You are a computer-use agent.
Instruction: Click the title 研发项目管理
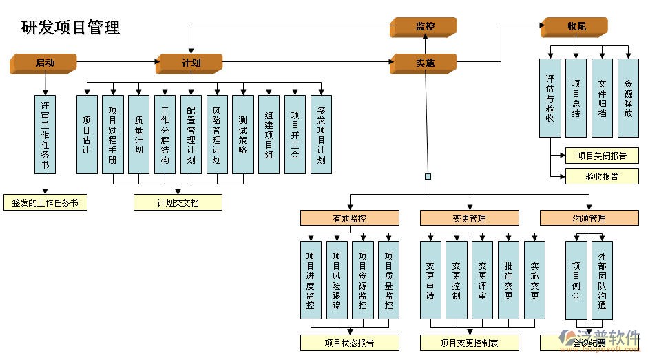point(71,28)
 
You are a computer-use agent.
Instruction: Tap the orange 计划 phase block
point(189,63)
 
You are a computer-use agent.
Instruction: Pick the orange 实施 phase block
point(424,63)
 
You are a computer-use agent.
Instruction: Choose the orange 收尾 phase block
point(576,27)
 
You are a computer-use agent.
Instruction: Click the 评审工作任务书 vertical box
point(45,134)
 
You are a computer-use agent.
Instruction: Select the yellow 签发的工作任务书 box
point(45,203)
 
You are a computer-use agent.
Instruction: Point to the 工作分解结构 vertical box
point(165,134)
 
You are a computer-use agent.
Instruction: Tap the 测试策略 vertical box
point(243,134)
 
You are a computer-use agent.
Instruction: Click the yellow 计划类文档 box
point(178,202)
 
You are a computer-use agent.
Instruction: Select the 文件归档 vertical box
point(602,98)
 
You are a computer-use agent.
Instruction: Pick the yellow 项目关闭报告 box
point(602,156)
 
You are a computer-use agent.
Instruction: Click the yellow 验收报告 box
point(602,176)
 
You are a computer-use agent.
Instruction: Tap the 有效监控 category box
point(349,218)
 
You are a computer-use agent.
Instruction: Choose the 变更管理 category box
point(469,218)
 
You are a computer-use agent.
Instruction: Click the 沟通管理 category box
point(589,218)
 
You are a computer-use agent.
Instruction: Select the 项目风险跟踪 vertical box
point(337,279)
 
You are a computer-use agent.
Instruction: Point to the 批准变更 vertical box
point(508,279)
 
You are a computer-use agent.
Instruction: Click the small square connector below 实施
point(428,176)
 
